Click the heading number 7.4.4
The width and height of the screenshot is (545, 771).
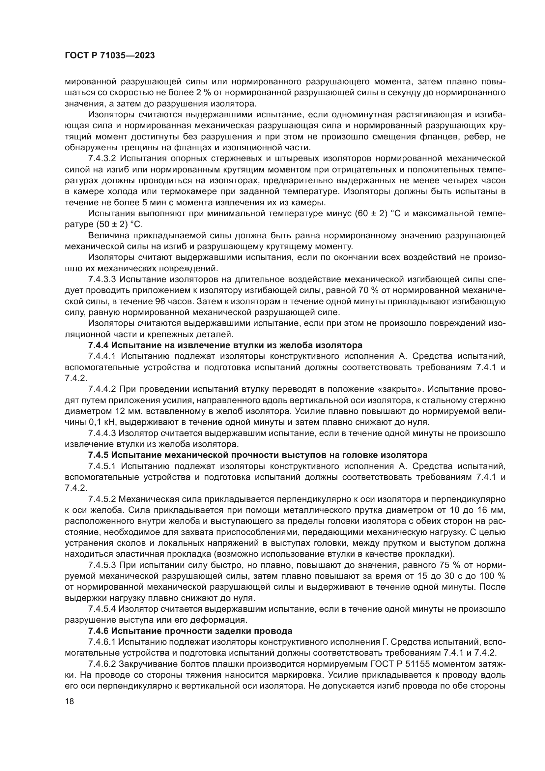[98, 345]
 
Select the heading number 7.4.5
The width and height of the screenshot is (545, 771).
[98, 455]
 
